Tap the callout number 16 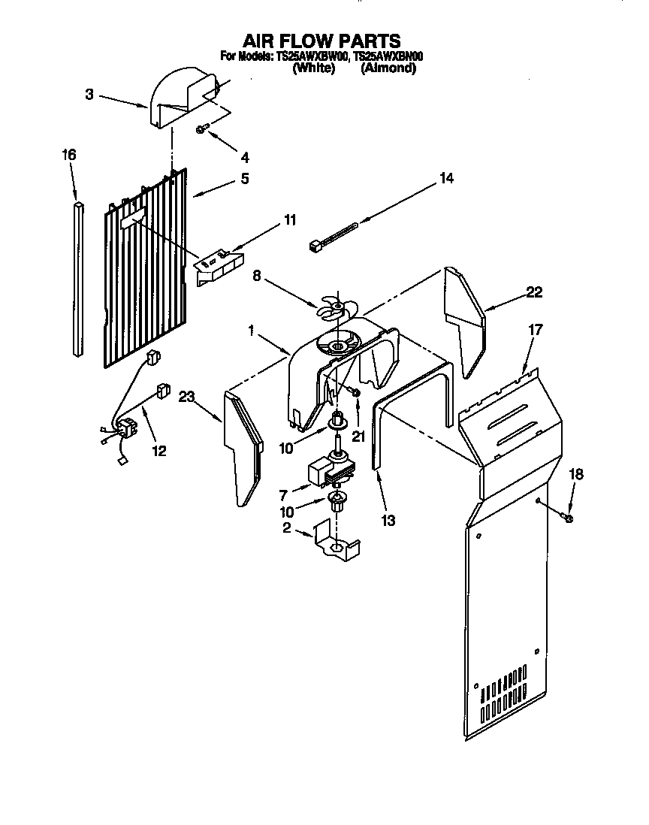(x=68, y=156)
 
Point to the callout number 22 (x=533, y=292)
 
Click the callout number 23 (x=187, y=399)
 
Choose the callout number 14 (x=446, y=178)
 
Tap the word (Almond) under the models (x=388, y=68)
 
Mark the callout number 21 (x=358, y=436)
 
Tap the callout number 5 (x=244, y=179)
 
